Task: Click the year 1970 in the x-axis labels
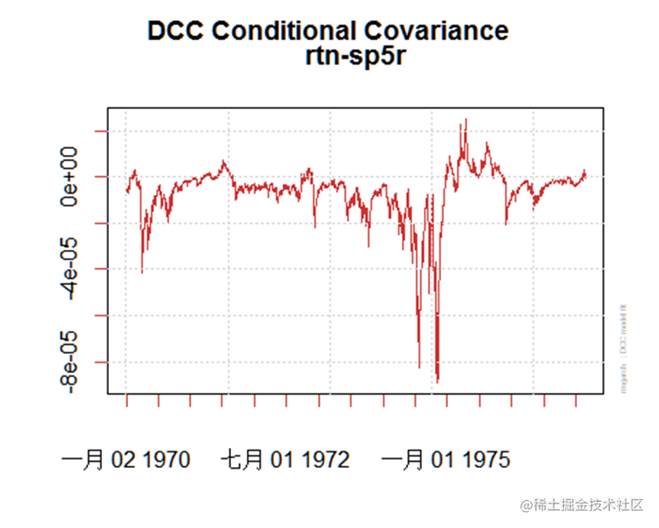[163, 459]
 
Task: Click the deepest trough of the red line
[438, 381]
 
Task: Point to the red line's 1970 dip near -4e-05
[142, 272]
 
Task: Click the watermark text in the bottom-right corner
[581, 505]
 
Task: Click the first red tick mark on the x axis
[126, 401]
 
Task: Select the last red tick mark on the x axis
[575, 401]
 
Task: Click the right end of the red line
[586, 173]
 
